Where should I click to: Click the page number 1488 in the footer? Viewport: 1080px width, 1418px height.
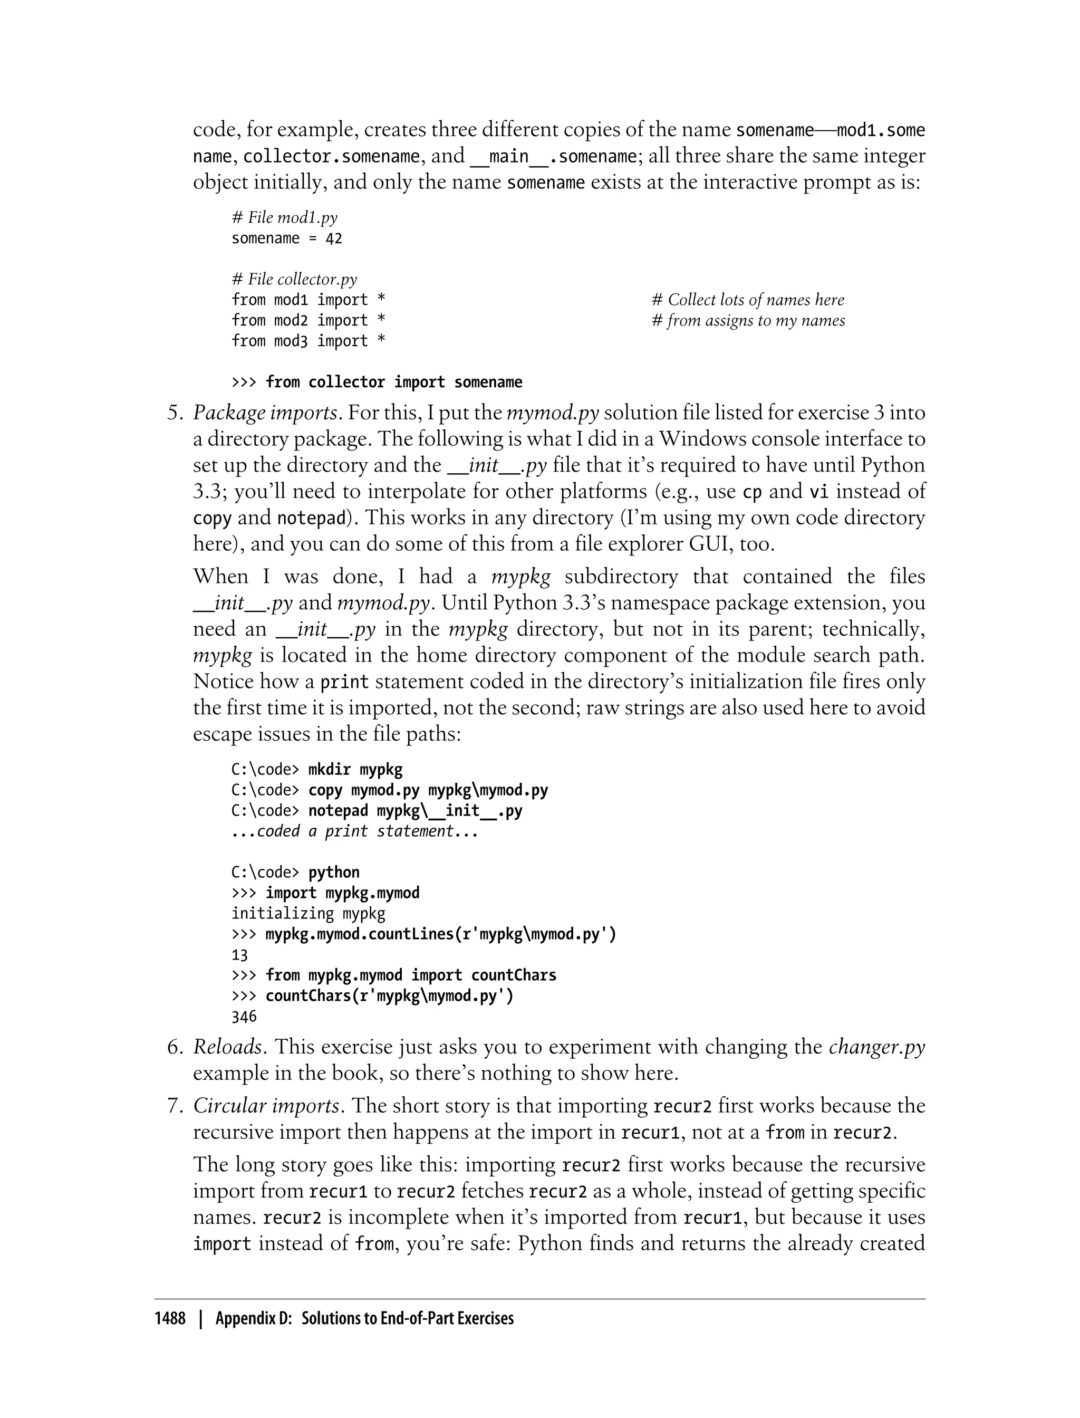pyautogui.click(x=170, y=1319)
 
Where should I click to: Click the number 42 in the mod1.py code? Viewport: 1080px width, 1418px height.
pyautogui.click(x=334, y=238)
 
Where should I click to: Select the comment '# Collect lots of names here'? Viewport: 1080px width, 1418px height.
pyautogui.click(x=748, y=300)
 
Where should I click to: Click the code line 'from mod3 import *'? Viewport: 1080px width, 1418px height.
pyautogui.click(x=308, y=341)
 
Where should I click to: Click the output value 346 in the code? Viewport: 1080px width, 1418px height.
pyautogui.click(x=244, y=1017)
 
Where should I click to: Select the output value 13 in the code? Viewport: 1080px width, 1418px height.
pyautogui.click(x=239, y=955)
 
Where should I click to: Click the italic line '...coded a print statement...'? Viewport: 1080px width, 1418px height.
pyautogui.click(x=355, y=831)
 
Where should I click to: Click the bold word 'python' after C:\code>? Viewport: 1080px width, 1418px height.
pyautogui.click(x=334, y=873)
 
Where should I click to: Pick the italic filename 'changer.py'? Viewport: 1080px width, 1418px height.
pyautogui.click(x=876, y=1047)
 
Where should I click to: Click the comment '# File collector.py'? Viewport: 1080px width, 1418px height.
pyautogui.click(x=294, y=279)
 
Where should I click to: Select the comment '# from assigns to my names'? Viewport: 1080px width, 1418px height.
pyautogui.click(x=748, y=320)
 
